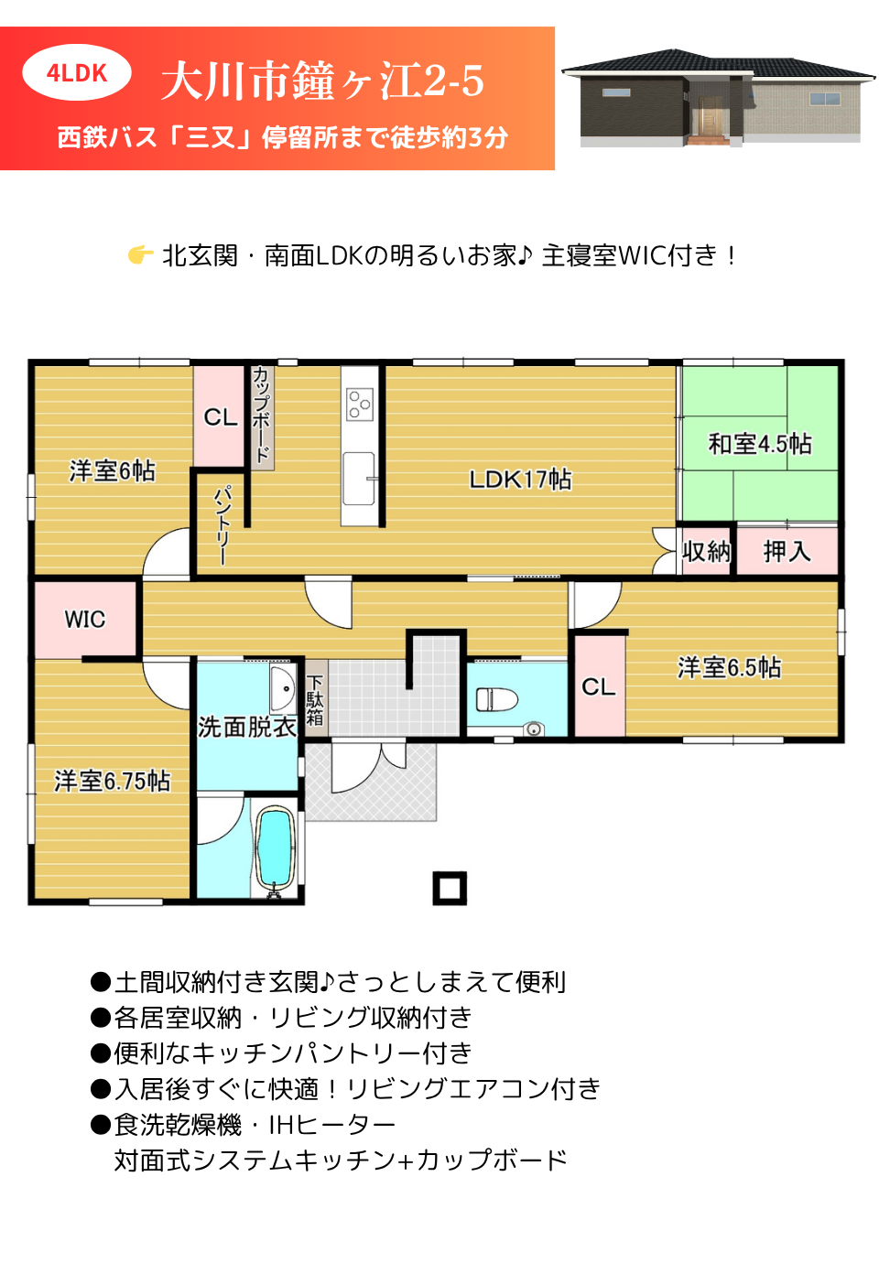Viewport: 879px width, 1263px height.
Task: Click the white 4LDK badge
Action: pos(77,72)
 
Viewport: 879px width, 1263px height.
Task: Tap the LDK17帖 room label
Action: pos(520,480)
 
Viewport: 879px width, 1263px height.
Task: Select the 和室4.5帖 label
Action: pos(760,444)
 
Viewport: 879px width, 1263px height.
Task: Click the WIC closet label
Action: pos(84,620)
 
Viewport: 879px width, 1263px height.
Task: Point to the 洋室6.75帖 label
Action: pos(113,782)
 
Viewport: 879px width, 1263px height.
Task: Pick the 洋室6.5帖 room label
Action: pos(729,667)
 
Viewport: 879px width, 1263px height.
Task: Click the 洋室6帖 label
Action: pos(113,471)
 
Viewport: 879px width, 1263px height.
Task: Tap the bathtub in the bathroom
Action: pos(276,848)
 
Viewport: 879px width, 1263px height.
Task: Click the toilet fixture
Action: pos(496,700)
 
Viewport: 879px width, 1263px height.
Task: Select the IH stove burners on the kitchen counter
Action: pos(360,404)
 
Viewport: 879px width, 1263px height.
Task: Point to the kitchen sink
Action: pos(360,478)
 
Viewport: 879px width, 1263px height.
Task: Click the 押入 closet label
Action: pos(787,552)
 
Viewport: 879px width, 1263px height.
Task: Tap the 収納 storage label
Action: pos(706,552)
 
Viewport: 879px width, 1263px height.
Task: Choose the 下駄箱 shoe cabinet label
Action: pos(315,700)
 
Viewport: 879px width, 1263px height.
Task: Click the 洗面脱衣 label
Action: pos(246,728)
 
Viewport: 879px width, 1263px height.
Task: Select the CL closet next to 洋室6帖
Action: pos(220,417)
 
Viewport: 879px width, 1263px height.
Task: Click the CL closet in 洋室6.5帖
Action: pos(598,686)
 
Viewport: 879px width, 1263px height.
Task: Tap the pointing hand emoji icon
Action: pos(140,254)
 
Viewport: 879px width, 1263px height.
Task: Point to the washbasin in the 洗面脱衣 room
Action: pos(284,688)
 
